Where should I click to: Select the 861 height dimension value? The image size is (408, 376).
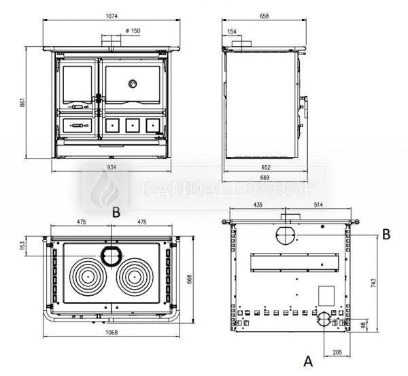tap(22, 103)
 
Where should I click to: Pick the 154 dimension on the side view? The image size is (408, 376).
tap(232, 31)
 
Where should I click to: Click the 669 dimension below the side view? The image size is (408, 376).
tap(266, 177)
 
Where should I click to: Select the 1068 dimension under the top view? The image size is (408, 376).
tap(113, 332)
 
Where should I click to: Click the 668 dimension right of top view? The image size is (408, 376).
tap(198, 279)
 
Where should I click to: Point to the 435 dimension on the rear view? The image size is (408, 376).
tap(258, 204)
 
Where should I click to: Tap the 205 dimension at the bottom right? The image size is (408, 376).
tap(338, 352)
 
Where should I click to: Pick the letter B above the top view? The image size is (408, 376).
tap(116, 212)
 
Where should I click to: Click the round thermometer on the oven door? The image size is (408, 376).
tap(132, 84)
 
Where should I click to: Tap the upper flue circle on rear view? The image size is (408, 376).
tap(286, 235)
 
